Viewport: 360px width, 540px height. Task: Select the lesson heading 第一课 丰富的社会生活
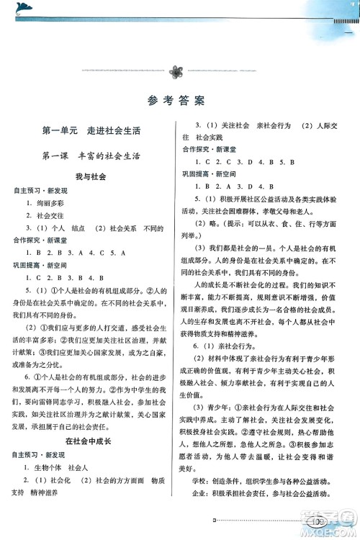[x=91, y=155]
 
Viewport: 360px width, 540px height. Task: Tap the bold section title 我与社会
[x=91, y=176]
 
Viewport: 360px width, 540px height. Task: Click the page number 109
[x=318, y=521]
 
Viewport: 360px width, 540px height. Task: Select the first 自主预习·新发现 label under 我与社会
[x=40, y=190]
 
